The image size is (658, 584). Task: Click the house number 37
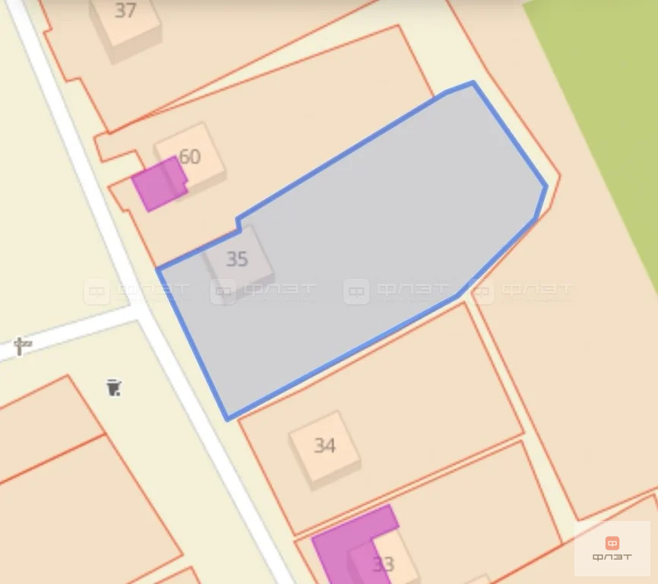coord(126,11)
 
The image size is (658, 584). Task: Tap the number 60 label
coord(189,157)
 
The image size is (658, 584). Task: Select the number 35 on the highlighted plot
coord(237,259)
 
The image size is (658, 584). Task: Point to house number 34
coord(324,445)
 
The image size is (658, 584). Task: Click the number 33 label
coord(384,564)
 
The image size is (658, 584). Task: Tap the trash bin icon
coord(114,388)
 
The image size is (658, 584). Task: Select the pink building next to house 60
coord(157,182)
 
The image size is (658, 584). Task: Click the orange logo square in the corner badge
coord(612,543)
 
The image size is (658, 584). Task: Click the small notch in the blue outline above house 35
coord(239,223)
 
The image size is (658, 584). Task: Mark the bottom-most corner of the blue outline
coord(227,418)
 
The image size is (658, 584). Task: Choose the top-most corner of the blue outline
coord(473,82)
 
